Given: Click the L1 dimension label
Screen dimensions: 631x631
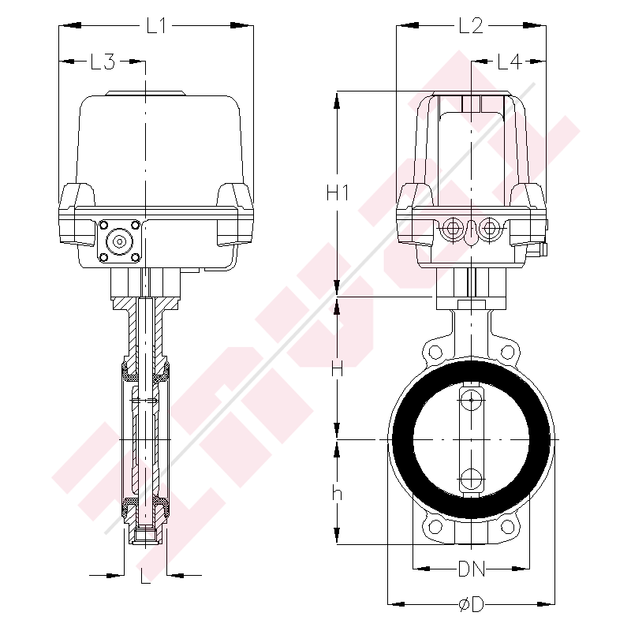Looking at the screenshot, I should click(155, 26).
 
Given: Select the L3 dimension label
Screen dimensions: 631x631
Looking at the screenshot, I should click(103, 62).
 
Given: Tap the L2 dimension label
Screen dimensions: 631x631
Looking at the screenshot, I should click(470, 26).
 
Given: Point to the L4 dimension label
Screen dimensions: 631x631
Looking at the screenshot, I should click(510, 62).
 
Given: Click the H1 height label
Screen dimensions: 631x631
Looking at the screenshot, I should click(337, 192).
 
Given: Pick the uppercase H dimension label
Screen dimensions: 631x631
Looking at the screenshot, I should click(337, 368).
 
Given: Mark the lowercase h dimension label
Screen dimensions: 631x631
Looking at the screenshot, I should click(337, 493).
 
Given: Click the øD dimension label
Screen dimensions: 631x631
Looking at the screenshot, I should click(471, 604).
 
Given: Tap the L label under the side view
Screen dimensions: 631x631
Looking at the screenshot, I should click(146, 577).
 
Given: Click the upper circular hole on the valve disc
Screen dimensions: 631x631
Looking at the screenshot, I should click(471, 400).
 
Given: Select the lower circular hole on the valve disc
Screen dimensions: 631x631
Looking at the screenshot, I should click(471, 478).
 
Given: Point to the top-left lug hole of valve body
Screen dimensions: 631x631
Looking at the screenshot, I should click(432, 352).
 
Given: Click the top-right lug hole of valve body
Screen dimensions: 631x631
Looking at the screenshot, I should click(510, 352).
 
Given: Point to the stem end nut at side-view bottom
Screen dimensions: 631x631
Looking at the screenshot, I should click(146, 536).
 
